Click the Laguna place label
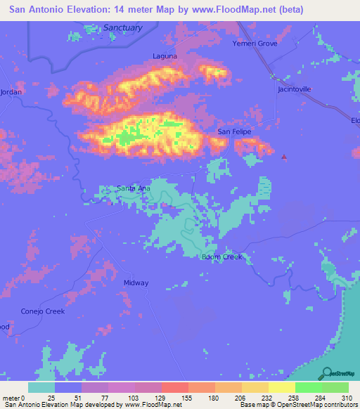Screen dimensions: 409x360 (x=165, y=56)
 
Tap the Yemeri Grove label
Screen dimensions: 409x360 (x=255, y=44)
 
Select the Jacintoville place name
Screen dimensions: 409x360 (x=294, y=89)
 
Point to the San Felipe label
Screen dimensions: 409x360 (x=233, y=131)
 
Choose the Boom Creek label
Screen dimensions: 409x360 (x=221, y=257)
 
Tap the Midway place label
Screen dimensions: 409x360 (x=136, y=283)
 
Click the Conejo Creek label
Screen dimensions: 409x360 (x=42, y=311)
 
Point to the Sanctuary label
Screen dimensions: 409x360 (x=122, y=27)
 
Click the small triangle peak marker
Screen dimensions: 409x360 (x=284, y=157)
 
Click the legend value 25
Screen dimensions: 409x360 (x=51, y=397)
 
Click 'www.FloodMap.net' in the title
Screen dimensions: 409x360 (x=204, y=10)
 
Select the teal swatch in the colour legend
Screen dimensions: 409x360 (x=41, y=387)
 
